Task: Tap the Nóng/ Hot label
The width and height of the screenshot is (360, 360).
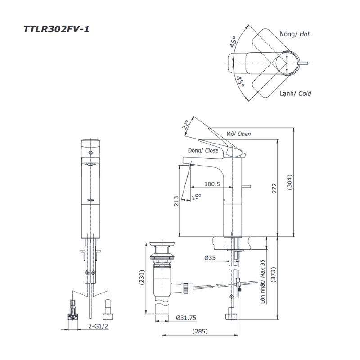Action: point(295,34)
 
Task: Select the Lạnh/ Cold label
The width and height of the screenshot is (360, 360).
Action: point(295,94)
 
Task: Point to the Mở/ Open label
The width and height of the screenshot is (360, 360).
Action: point(239,134)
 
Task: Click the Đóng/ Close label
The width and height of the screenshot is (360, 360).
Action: point(200,151)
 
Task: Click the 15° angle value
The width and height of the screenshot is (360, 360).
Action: point(196,197)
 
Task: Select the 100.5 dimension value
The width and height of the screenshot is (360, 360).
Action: point(211,184)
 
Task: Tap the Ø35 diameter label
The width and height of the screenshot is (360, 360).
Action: point(210,258)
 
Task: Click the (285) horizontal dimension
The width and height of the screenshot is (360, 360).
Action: point(200,332)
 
